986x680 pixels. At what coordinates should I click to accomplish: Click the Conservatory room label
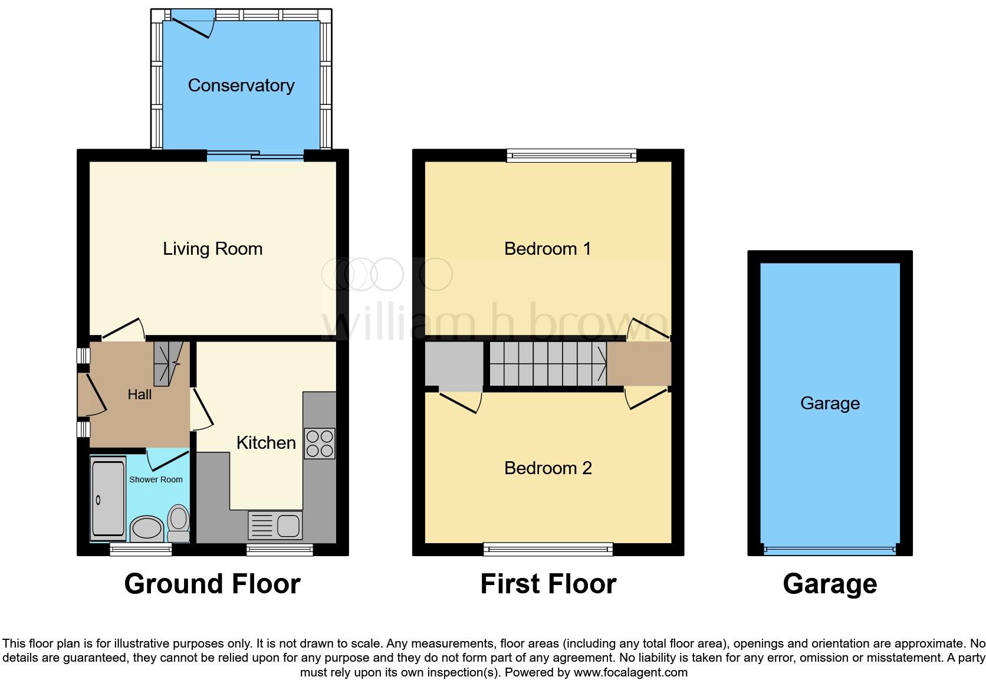[241, 86]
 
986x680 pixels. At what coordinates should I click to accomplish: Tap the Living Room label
[212, 249]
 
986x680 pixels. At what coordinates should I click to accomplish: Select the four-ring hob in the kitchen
[320, 444]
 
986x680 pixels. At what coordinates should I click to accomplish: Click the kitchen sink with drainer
[275, 525]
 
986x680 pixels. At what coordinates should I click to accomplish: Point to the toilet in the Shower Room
[178, 523]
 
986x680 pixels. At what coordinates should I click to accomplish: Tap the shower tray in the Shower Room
[108, 500]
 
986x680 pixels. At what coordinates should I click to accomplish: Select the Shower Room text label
[156, 479]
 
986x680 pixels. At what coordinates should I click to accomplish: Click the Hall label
[140, 395]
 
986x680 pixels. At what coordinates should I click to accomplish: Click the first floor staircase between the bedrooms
[547, 364]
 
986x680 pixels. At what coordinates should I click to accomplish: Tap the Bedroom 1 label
[547, 249]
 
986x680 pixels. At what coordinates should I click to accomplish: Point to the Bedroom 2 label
[548, 468]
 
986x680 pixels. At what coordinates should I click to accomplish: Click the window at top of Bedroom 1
[571, 156]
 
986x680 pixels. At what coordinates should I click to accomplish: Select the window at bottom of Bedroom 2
[548, 549]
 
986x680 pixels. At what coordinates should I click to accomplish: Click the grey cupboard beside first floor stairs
[453, 364]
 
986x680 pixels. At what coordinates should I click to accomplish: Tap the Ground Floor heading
[212, 584]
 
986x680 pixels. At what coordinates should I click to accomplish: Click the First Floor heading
[548, 584]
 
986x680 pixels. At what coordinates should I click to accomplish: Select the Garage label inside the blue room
[830, 403]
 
